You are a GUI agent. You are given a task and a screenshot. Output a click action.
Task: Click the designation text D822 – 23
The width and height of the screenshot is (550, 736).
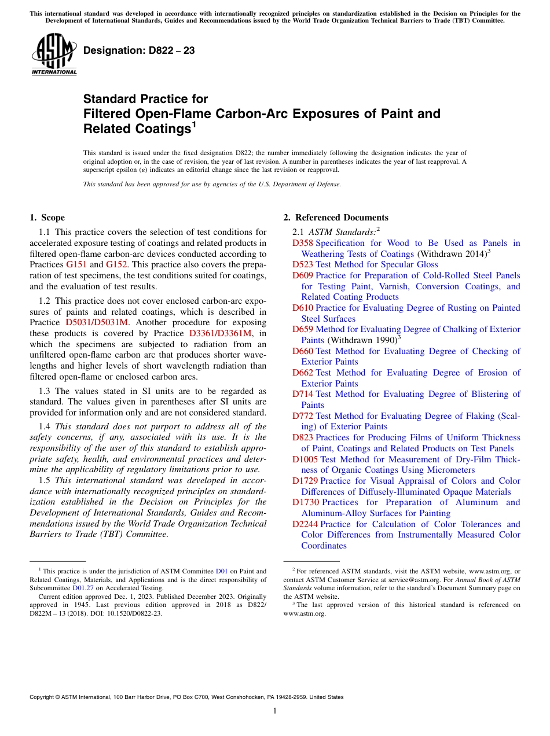(139, 51)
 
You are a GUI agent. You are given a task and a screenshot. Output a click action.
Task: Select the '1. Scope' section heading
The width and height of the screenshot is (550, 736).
(47, 218)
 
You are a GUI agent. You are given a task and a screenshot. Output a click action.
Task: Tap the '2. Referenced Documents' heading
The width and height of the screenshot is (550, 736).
(336, 218)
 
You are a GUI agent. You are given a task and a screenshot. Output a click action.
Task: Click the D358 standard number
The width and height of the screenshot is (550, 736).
(303, 243)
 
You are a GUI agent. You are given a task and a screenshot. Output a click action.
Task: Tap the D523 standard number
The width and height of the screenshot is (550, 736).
(303, 264)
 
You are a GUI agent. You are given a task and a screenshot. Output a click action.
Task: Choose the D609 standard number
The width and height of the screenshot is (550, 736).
(303, 275)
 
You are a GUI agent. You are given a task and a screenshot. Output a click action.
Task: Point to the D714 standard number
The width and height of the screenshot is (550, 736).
(303, 394)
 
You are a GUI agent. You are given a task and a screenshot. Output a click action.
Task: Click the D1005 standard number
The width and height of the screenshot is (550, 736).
(305, 459)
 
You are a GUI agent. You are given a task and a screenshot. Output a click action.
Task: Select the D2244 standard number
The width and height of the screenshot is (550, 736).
(305, 524)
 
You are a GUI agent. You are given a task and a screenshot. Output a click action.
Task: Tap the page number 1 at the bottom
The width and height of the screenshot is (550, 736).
(275, 711)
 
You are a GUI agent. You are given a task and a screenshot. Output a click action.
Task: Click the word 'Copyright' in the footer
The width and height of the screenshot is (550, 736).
(42, 697)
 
